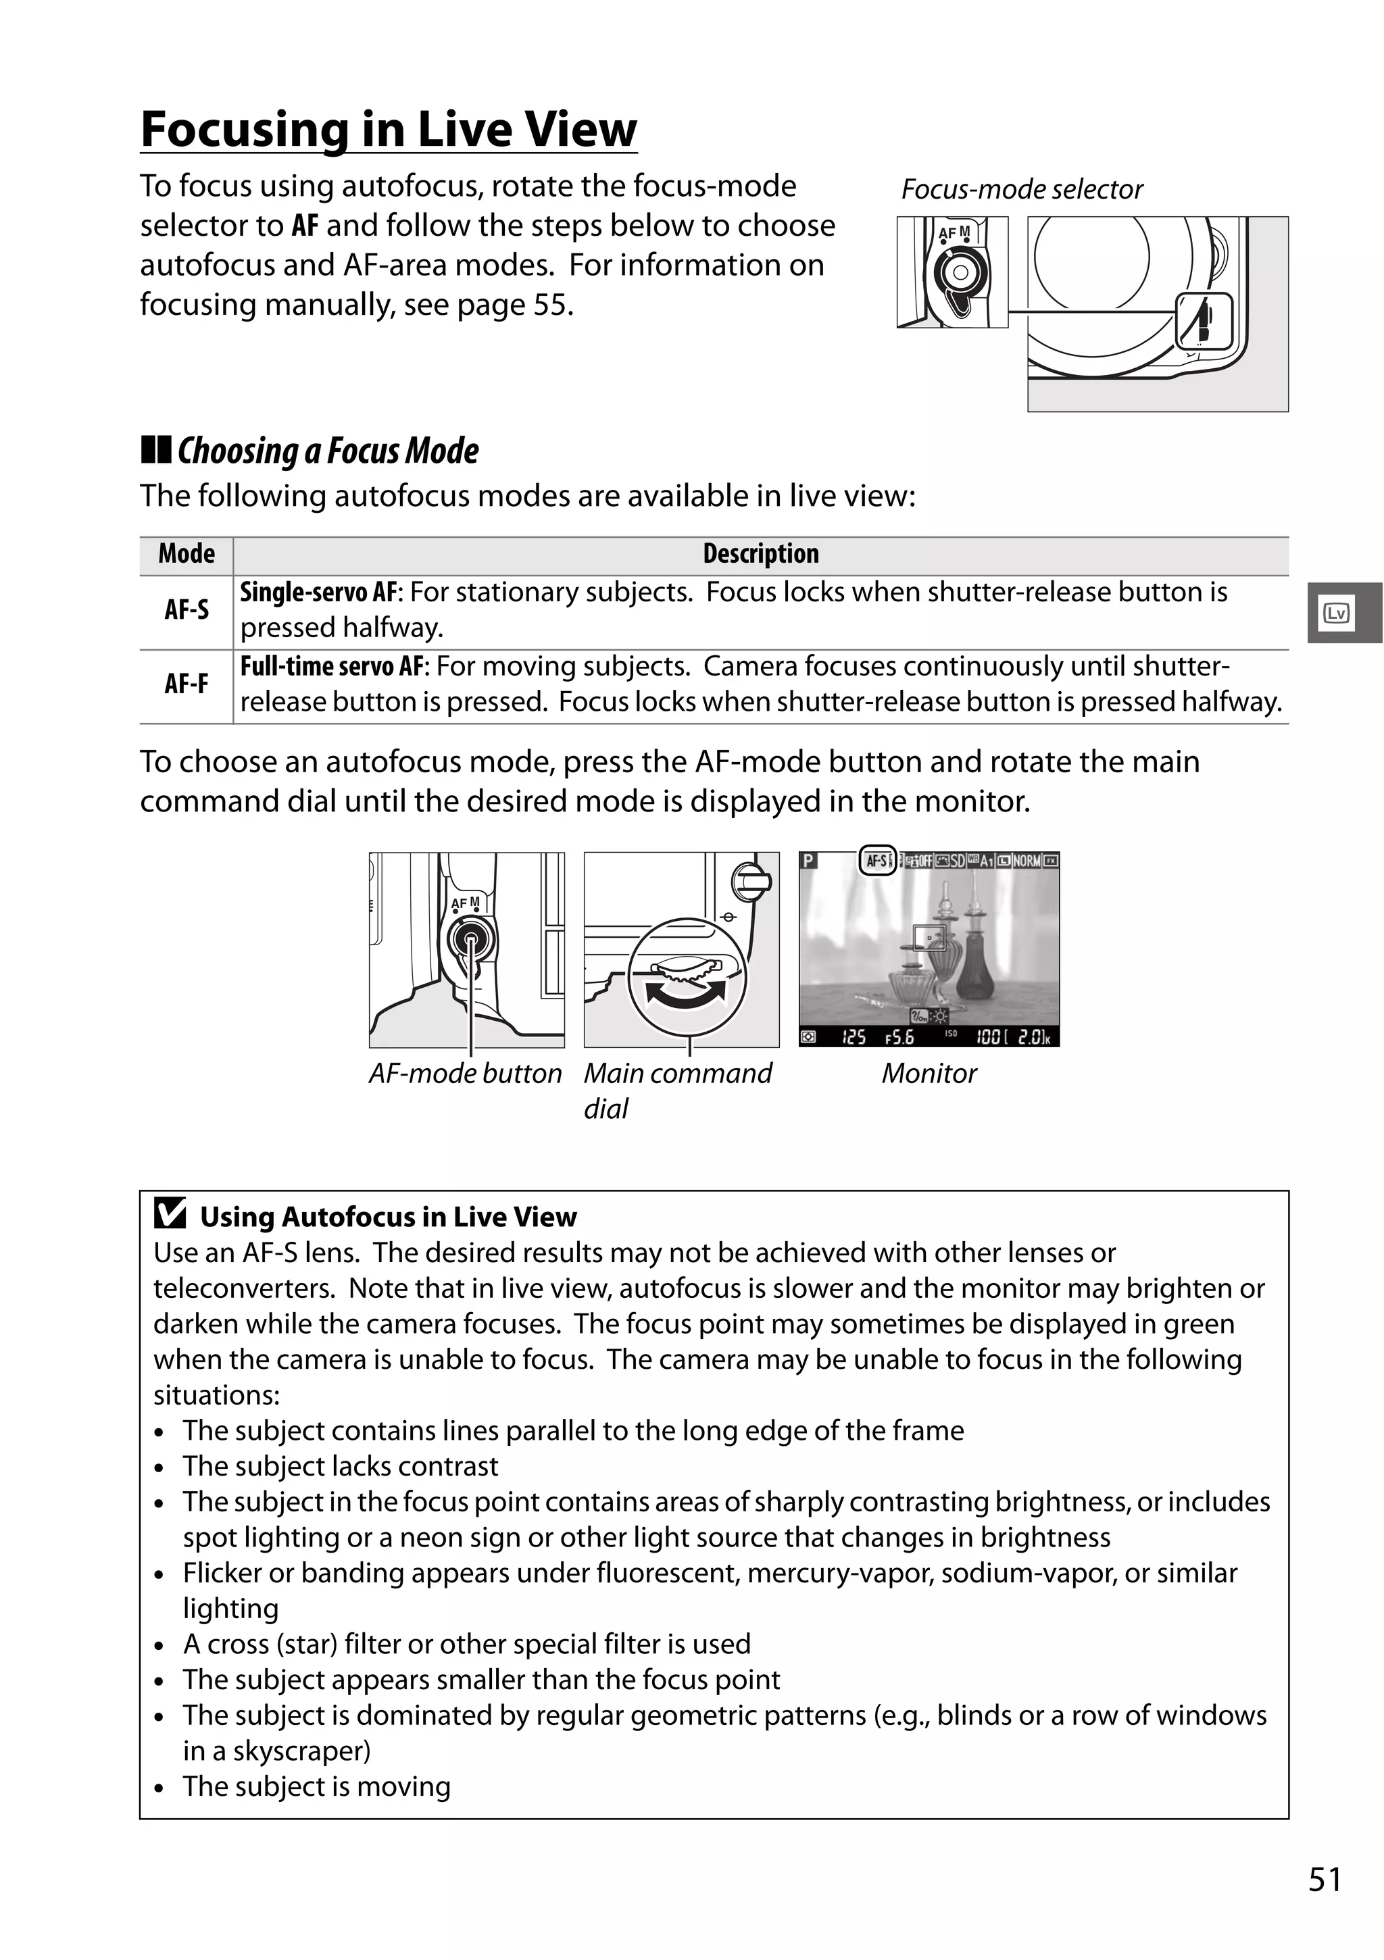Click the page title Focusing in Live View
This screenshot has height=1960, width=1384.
pyautogui.click(x=389, y=130)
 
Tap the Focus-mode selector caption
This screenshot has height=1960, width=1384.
pyautogui.click(x=1021, y=189)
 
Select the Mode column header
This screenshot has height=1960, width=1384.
pyautogui.click(x=186, y=554)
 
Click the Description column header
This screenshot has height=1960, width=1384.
pyautogui.click(x=760, y=554)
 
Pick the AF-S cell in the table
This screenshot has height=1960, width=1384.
pyautogui.click(x=186, y=609)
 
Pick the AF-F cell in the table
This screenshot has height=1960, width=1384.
pyautogui.click(x=186, y=684)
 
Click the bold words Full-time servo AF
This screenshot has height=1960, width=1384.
pyautogui.click(x=331, y=667)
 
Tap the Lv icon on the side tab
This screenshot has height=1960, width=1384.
pyautogui.click(x=1336, y=613)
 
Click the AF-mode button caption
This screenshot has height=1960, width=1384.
pyautogui.click(x=466, y=1073)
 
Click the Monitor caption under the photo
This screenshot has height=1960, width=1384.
pyautogui.click(x=929, y=1073)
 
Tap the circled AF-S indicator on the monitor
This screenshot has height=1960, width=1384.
pyautogui.click(x=876, y=861)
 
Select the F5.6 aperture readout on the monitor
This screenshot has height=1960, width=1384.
pyautogui.click(x=899, y=1037)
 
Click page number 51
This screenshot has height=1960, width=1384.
pyautogui.click(x=1325, y=1880)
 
